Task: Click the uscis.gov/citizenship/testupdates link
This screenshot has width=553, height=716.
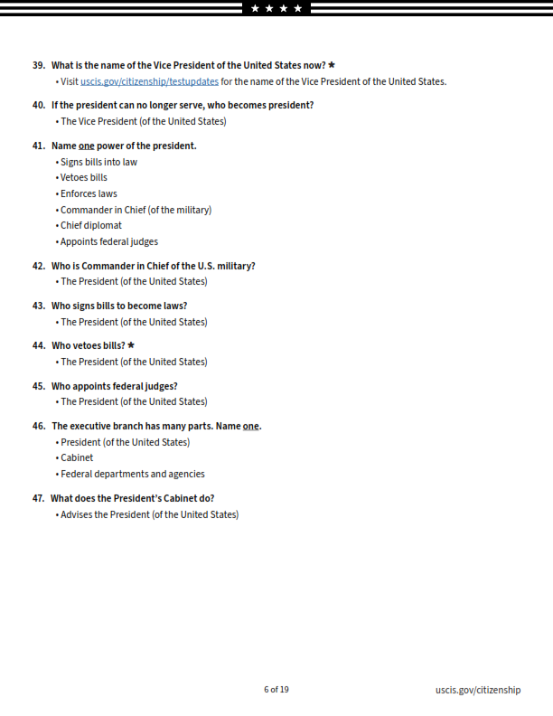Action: [149, 81]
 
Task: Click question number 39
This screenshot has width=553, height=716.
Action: [39, 65]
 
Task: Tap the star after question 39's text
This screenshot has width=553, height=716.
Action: [332, 65]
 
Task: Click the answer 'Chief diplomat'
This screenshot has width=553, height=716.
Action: [90, 225]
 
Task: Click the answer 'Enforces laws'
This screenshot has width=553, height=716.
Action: [89, 193]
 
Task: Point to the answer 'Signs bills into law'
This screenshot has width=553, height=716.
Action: [98, 162]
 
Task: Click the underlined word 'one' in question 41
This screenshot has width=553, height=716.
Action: [86, 146]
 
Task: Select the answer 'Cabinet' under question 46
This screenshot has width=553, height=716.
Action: [77, 457]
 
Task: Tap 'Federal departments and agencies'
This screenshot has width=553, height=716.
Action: [132, 474]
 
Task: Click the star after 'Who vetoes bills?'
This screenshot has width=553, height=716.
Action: [131, 345]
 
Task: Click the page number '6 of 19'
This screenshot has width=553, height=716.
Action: [276, 690]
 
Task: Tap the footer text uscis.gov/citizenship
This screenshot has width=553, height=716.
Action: [477, 690]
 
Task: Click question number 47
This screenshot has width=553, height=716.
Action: [39, 498]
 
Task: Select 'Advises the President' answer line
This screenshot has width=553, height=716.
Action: [149, 514]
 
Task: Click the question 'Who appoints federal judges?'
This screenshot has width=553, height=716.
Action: [114, 386]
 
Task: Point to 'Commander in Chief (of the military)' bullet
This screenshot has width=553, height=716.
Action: [136, 210]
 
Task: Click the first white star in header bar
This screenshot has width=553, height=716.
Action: [255, 8]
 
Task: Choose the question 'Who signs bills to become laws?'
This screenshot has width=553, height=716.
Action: [119, 306]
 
